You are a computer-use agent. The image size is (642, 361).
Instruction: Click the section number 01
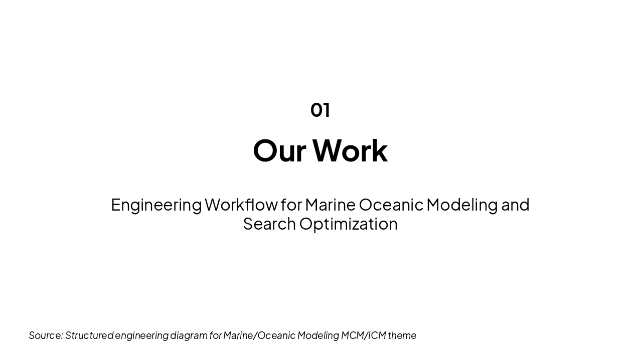pyautogui.click(x=320, y=110)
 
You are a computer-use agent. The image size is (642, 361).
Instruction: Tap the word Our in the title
pyautogui.click(x=279, y=150)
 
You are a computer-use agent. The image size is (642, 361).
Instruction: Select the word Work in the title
pyautogui.click(x=350, y=150)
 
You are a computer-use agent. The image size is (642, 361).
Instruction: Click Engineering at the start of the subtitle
pyautogui.click(x=156, y=205)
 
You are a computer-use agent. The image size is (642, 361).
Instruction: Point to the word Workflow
pyautogui.click(x=241, y=205)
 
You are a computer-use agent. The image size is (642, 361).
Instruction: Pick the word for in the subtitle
pyautogui.click(x=291, y=205)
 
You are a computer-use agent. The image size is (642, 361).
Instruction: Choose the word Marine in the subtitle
pyautogui.click(x=330, y=205)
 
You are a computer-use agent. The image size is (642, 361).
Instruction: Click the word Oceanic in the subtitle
pyautogui.click(x=391, y=205)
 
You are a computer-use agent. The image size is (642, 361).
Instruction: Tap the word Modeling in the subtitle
pyautogui.click(x=462, y=205)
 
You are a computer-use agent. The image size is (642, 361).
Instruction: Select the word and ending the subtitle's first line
pyautogui.click(x=515, y=205)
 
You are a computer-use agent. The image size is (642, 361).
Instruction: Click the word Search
pyautogui.click(x=269, y=224)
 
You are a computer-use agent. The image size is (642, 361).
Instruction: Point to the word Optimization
pyautogui.click(x=349, y=224)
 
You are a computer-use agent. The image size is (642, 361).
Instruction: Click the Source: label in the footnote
pyautogui.click(x=46, y=335)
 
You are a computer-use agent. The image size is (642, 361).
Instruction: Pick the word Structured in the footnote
pyautogui.click(x=89, y=335)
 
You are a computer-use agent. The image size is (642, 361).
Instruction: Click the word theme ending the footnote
pyautogui.click(x=402, y=335)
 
